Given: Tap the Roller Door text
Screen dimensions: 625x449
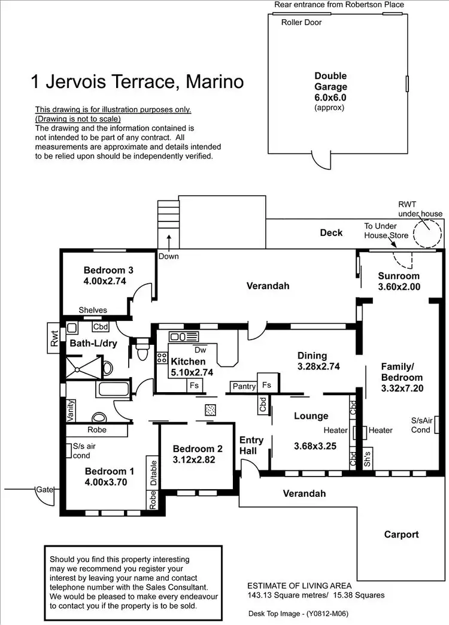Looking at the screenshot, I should click(x=301, y=23).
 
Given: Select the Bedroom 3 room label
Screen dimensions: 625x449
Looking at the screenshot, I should click(x=108, y=270).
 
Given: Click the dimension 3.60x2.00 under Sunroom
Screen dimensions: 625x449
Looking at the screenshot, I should click(x=399, y=287).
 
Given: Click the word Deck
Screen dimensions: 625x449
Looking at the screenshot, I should click(x=331, y=232).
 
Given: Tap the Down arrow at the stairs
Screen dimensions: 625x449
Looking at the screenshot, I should click(x=169, y=242).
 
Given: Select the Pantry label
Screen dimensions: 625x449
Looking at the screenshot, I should click(x=244, y=387).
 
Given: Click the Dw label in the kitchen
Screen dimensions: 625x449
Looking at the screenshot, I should click(x=200, y=350).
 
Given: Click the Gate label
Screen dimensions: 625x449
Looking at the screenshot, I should click(x=44, y=490).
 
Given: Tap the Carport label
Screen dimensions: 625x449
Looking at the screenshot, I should click(x=401, y=534).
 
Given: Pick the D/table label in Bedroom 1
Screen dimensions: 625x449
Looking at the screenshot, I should click(x=153, y=473).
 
